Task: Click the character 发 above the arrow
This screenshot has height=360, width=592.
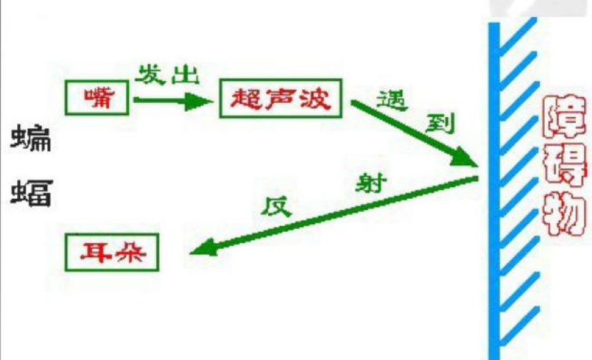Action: pyautogui.click(x=151, y=74)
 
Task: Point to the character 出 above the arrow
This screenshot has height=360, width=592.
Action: pyautogui.click(x=184, y=75)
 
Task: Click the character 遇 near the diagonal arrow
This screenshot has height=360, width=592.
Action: pyautogui.click(x=393, y=102)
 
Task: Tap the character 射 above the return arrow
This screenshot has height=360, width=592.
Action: pyautogui.click(x=371, y=184)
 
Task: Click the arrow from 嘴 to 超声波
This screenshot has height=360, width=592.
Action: pyautogui.click(x=171, y=101)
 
